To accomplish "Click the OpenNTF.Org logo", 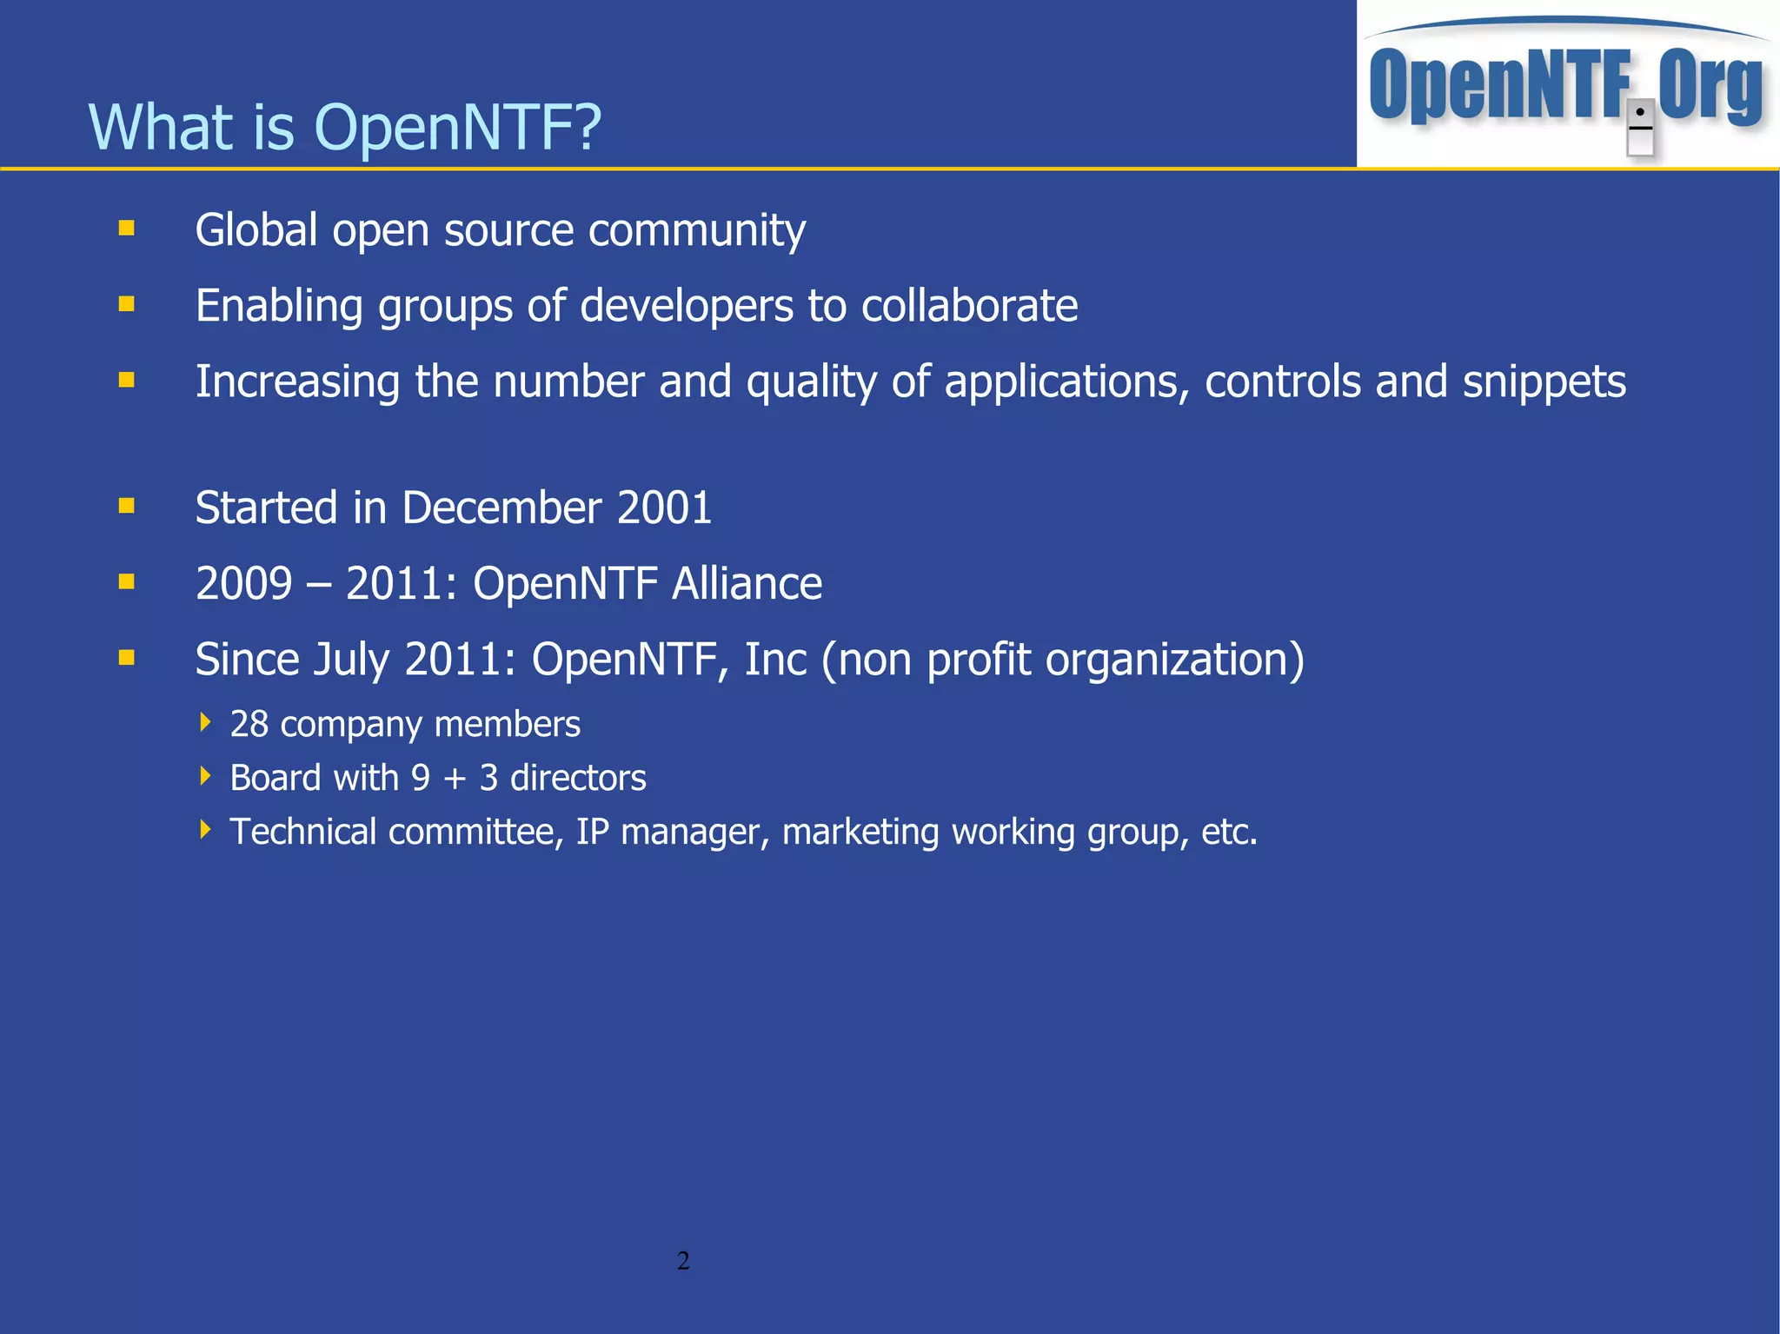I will coord(1567,85).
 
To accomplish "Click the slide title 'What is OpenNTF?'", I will coord(345,127).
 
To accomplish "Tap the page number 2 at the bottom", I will coord(683,1260).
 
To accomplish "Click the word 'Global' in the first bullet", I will coord(256,230).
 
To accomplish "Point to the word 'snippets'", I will coord(1544,382).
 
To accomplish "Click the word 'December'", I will coord(501,508).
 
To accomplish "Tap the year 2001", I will coord(664,508).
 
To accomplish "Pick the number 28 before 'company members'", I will coord(249,724).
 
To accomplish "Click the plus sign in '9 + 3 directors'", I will coord(455,779).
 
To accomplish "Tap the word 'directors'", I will coord(578,778).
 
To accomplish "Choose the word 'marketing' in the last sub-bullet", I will coord(860,832).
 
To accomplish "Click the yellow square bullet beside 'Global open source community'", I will coord(127,229).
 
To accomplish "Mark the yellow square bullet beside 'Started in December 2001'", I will coord(127,506).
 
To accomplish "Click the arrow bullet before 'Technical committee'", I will coord(205,830).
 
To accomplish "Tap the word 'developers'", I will coord(687,306).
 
